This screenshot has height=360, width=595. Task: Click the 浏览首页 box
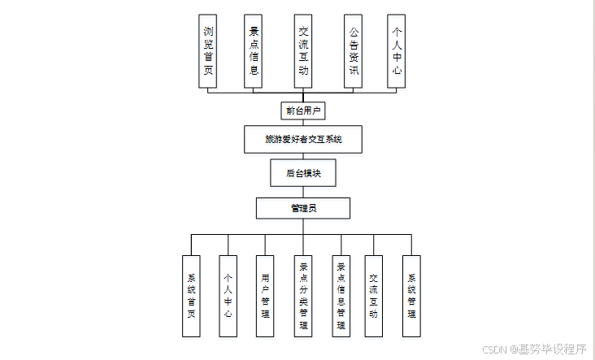tap(209, 51)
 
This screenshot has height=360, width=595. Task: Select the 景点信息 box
tap(254, 51)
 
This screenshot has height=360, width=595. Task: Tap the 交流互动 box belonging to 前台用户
tap(303, 51)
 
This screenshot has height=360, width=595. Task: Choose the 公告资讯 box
tap(353, 51)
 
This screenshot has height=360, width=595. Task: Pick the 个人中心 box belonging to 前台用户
tap(397, 51)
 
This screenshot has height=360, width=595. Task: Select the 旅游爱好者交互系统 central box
tap(303, 139)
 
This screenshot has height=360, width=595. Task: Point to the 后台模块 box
tap(303, 172)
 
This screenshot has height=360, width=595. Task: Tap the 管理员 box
tap(303, 208)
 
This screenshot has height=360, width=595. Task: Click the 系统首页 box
tap(192, 296)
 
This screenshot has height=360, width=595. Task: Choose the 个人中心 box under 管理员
tap(228, 296)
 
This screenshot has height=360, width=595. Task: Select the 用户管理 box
tap(265, 296)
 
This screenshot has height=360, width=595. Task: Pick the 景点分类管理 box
tap(303, 296)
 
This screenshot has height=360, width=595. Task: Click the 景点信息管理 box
tap(341, 296)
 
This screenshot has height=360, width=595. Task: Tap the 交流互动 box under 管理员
tap(374, 296)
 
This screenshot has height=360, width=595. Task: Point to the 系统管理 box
tap(411, 296)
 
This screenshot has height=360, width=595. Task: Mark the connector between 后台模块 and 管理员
tap(303, 192)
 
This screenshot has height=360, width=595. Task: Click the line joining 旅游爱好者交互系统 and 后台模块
tap(303, 156)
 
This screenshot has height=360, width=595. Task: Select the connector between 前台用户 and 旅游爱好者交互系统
tap(303, 122)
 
